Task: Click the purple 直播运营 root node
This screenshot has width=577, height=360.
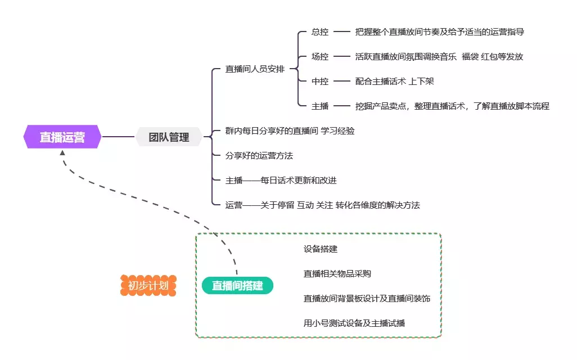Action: pos(62,137)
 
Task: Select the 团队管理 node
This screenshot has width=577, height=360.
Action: pos(169,137)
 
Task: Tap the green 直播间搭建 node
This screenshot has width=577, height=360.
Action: pos(237,286)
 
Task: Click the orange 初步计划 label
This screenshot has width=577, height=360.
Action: pos(148,286)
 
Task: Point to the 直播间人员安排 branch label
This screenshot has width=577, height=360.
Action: pos(255,69)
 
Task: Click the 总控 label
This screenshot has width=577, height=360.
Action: pos(320,32)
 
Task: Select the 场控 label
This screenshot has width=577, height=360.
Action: pos(320,57)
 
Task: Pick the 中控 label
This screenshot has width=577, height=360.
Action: pos(320,82)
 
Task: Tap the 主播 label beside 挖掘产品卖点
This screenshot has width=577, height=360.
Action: pos(320,106)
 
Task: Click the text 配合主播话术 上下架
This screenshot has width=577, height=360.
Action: pos(394,82)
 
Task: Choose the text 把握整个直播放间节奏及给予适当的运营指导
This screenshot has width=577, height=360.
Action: pos(440,32)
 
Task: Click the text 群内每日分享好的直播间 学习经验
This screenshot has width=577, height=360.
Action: pos(290,131)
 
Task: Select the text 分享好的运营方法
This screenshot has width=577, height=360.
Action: pos(259,156)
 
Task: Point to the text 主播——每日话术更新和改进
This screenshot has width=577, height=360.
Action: pos(281,181)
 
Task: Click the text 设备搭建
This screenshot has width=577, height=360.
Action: pos(320,249)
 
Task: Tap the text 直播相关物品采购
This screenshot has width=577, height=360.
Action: pos(337,274)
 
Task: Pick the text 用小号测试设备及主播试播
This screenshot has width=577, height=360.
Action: pos(354,323)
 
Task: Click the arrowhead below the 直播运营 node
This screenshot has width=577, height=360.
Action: pos(62,153)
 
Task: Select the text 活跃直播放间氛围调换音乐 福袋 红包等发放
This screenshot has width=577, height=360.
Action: pos(439,57)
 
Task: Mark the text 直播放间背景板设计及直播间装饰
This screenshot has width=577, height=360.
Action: pos(367,299)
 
